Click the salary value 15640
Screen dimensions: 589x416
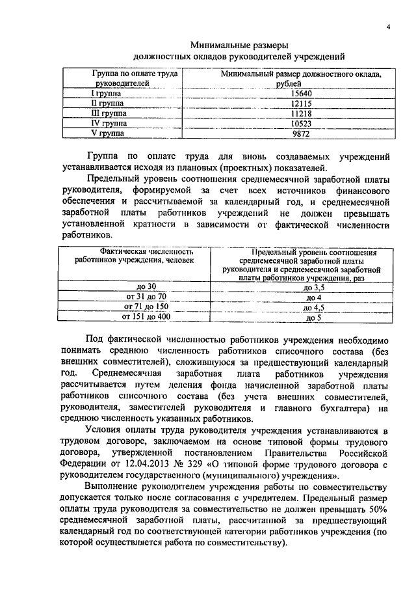[300, 94]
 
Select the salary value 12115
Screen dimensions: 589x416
[300, 103]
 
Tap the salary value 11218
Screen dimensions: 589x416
[300, 113]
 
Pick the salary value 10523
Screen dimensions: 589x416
[300, 123]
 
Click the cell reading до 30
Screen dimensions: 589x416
[146, 287]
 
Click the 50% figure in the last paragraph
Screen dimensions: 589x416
[378, 508]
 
